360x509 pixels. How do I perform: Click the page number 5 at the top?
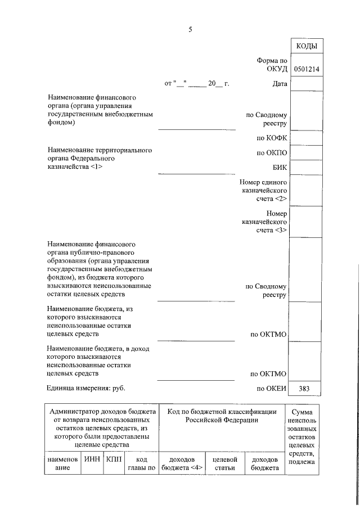[x=190, y=30]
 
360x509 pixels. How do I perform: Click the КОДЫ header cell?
[x=306, y=46]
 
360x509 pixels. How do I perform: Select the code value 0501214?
[x=306, y=69]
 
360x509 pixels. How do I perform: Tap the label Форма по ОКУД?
[x=272, y=65]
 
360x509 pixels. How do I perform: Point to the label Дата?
[x=280, y=84]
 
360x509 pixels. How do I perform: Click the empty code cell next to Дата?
[x=306, y=84]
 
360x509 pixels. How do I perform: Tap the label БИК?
[x=280, y=168]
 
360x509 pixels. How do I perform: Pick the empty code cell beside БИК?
[x=306, y=168]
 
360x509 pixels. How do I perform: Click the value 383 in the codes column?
[x=305, y=388]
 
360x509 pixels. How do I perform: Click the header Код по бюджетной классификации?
[x=222, y=416]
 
